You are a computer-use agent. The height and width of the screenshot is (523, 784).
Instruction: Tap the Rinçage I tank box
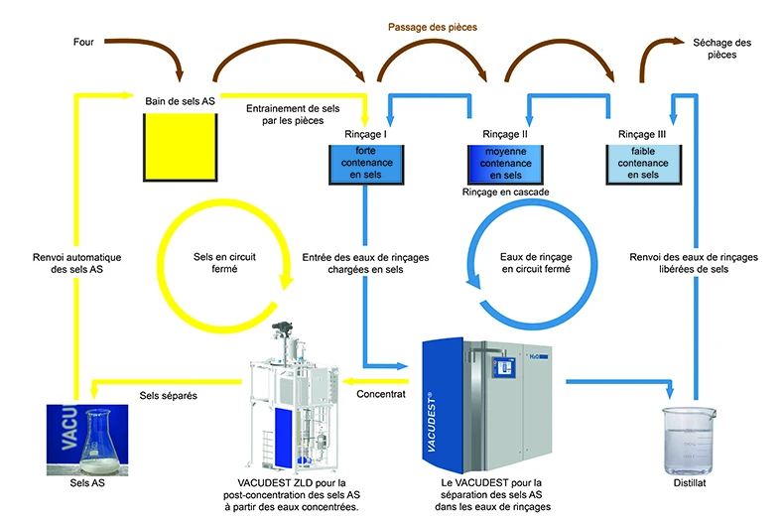coord(365,164)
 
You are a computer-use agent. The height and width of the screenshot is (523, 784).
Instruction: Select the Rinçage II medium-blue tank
coord(504,164)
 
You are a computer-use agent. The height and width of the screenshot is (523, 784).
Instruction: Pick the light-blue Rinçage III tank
coord(643,164)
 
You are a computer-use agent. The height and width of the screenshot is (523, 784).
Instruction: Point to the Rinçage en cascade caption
coord(503,192)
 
